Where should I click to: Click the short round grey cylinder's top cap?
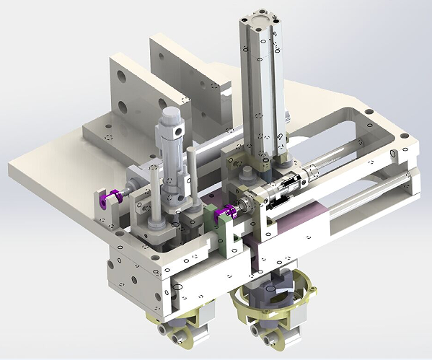pos(172,116)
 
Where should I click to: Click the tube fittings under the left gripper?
pos(177,335)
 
